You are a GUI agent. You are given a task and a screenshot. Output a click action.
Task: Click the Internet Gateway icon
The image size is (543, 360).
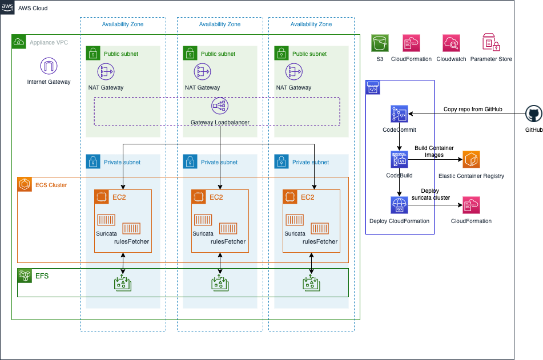[49, 66]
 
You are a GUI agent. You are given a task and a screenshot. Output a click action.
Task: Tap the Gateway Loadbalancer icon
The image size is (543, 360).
[220, 106]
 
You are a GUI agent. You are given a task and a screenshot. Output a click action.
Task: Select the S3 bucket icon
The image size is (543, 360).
[380, 43]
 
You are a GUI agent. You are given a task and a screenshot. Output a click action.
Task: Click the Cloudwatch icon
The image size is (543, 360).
[451, 43]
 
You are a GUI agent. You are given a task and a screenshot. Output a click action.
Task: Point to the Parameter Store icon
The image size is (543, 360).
[491, 42]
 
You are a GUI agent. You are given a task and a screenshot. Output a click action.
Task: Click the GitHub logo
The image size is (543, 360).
[534, 114]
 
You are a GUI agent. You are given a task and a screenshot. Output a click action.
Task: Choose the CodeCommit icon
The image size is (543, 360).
[399, 114]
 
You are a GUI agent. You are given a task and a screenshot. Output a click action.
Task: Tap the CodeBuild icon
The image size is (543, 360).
[399, 160]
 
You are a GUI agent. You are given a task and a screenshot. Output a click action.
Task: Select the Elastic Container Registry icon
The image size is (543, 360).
[471, 160]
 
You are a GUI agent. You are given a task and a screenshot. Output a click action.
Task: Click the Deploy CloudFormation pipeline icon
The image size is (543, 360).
[399, 205]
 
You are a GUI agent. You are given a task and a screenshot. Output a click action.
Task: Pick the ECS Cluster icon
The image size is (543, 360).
[25, 184]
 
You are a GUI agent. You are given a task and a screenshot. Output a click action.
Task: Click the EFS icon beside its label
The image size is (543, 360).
[25, 276]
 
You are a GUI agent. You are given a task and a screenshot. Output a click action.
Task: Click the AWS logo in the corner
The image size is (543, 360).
[7, 7]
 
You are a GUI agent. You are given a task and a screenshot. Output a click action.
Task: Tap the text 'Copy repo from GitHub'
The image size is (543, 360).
[473, 110]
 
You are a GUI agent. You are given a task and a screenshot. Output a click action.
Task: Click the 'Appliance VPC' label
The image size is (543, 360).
[49, 43]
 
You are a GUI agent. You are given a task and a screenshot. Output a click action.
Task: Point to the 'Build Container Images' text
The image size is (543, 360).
[435, 152]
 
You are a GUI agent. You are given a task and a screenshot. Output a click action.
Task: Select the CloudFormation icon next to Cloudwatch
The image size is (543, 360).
[412, 43]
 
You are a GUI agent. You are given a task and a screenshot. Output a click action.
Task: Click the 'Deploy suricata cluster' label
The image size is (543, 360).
[431, 194]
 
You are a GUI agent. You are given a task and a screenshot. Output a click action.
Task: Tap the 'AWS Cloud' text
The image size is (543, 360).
[33, 9]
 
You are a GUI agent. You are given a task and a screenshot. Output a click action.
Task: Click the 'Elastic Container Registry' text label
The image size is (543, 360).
[471, 176]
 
